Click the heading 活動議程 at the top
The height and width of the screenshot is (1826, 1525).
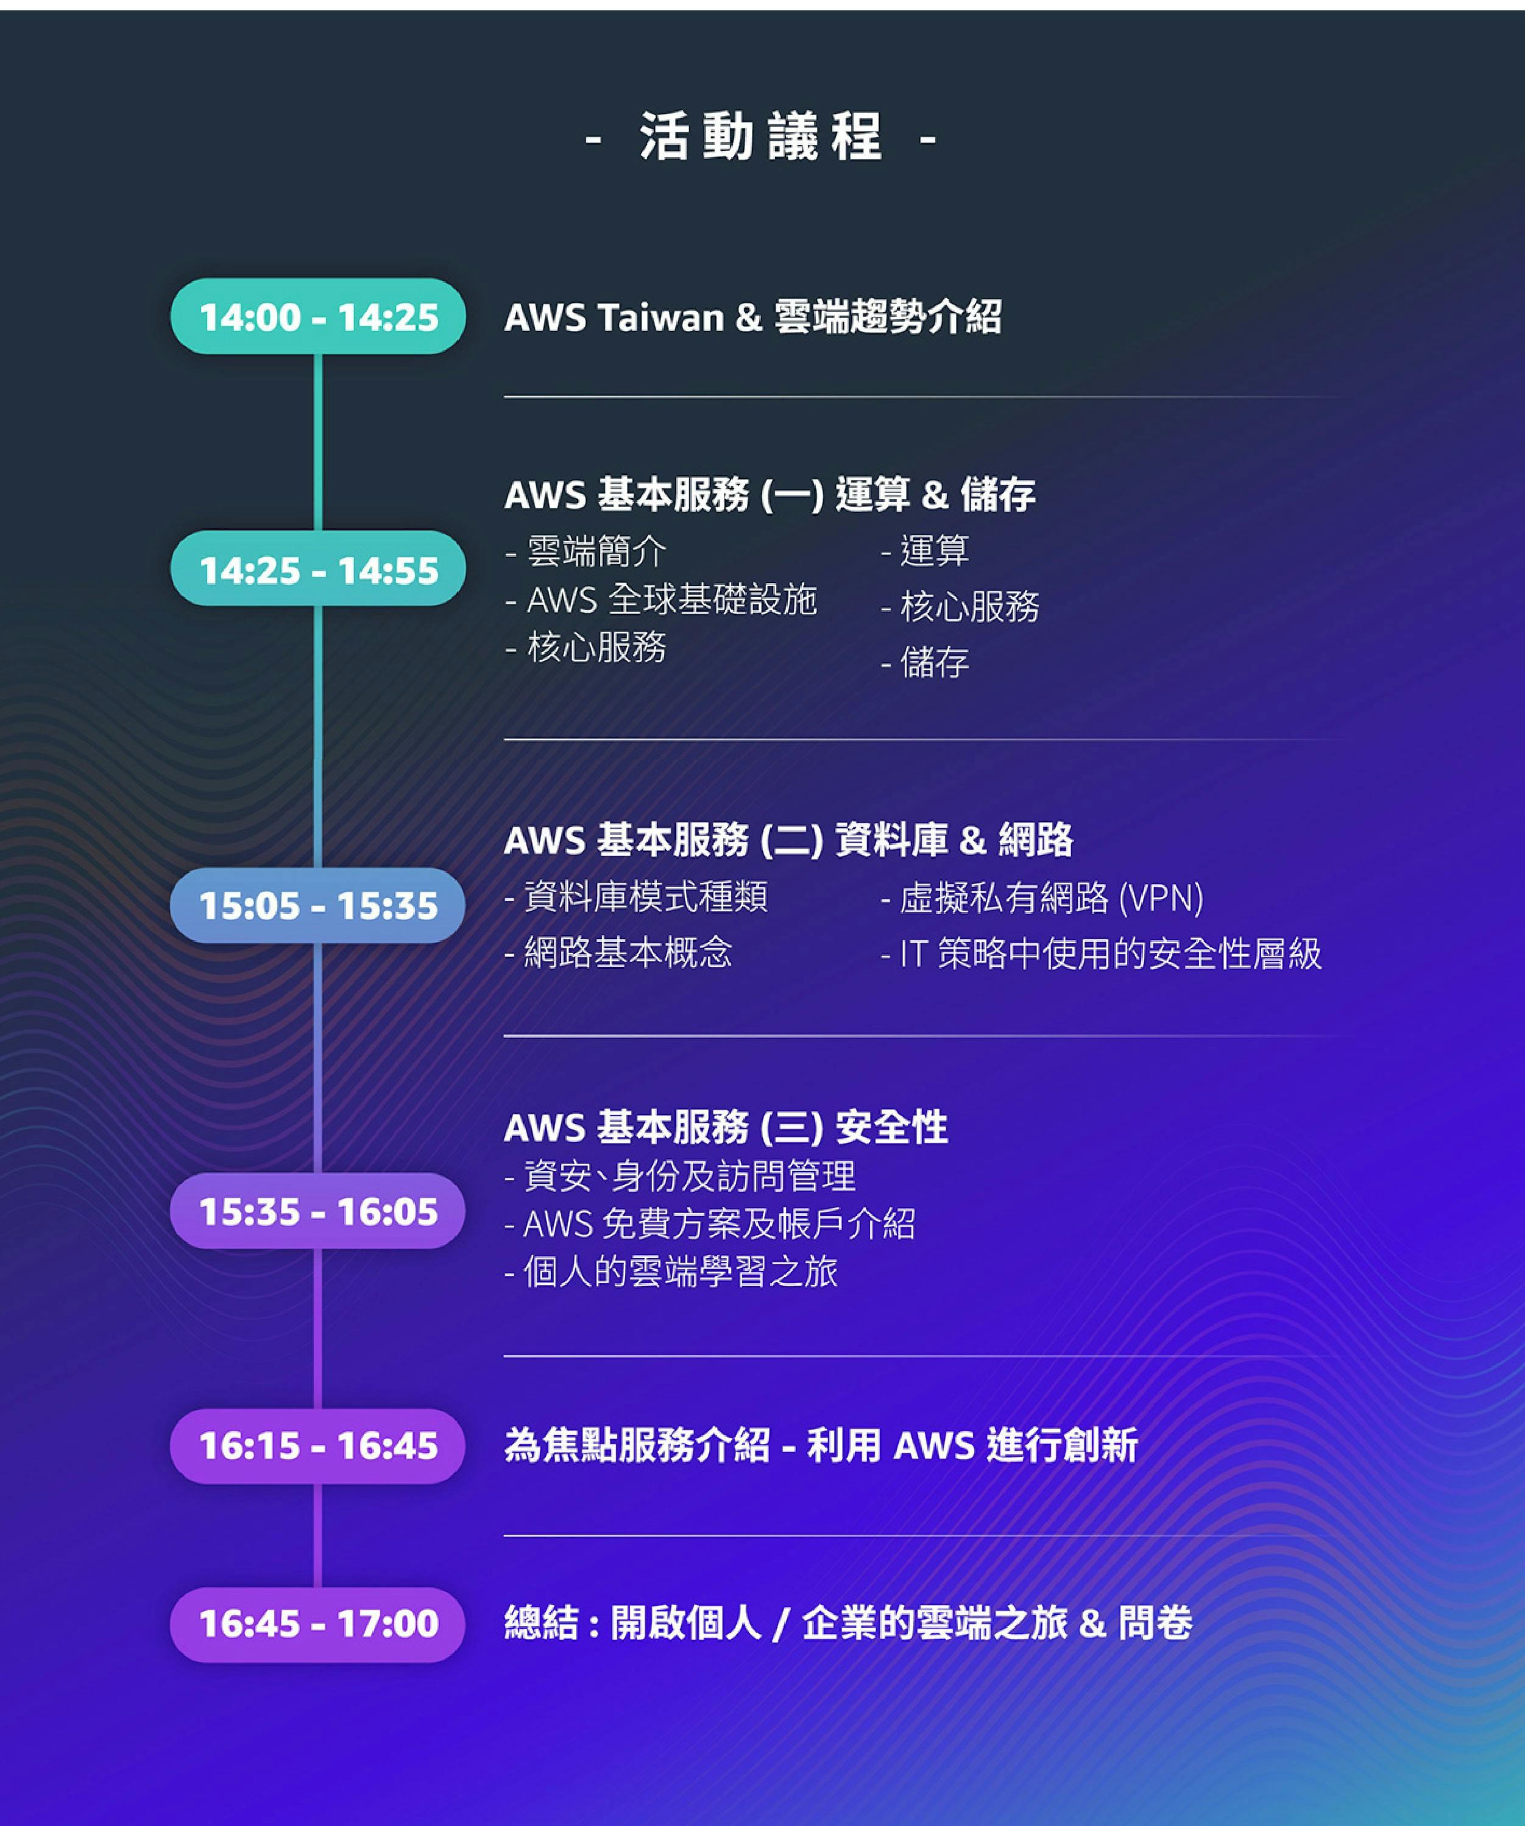click(x=762, y=137)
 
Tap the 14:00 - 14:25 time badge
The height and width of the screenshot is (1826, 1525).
click(x=318, y=316)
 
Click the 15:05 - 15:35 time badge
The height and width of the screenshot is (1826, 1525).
click(x=318, y=905)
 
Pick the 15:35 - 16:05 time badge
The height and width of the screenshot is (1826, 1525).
click(x=318, y=1211)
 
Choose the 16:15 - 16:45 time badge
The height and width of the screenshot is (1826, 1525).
click(x=318, y=1446)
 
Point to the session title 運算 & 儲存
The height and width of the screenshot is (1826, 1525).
click(x=935, y=495)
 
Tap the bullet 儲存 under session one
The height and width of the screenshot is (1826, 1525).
click(x=925, y=662)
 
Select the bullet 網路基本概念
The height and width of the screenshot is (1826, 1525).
click(x=619, y=953)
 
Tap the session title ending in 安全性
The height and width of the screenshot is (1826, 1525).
click(x=726, y=1128)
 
